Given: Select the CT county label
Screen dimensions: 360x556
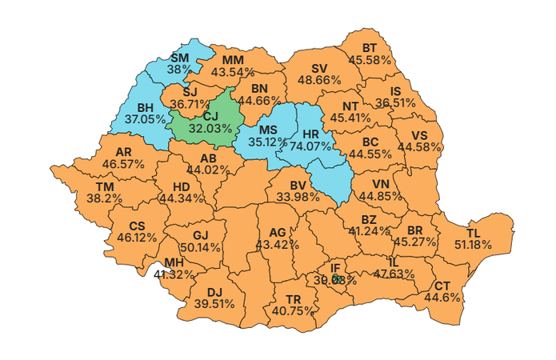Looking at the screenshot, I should (442, 286).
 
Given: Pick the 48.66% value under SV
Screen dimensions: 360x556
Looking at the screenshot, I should (319, 80).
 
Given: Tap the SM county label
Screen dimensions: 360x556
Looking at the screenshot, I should (180, 58).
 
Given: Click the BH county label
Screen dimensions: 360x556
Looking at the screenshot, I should (146, 107).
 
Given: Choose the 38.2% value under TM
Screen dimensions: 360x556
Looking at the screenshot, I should (104, 198).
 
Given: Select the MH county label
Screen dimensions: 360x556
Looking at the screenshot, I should (174, 262).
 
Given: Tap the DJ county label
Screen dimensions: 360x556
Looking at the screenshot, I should (214, 292).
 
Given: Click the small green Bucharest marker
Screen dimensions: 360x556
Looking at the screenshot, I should (338, 279).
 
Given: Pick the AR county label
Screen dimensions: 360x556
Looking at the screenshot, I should (123, 151).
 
